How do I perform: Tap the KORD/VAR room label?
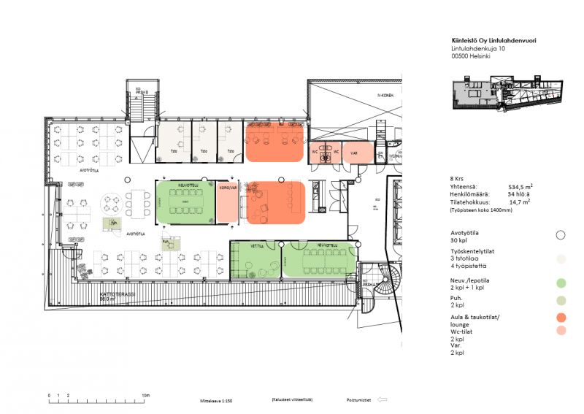pyautogui.click(x=228, y=188)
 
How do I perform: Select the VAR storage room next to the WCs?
pyautogui.click(x=353, y=154)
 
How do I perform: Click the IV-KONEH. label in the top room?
pyautogui.click(x=385, y=96)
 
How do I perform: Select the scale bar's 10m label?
pyautogui.click(x=146, y=395)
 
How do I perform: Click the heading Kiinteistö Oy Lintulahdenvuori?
pyautogui.click(x=494, y=41)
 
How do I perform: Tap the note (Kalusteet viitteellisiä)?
pyautogui.click(x=292, y=400)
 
